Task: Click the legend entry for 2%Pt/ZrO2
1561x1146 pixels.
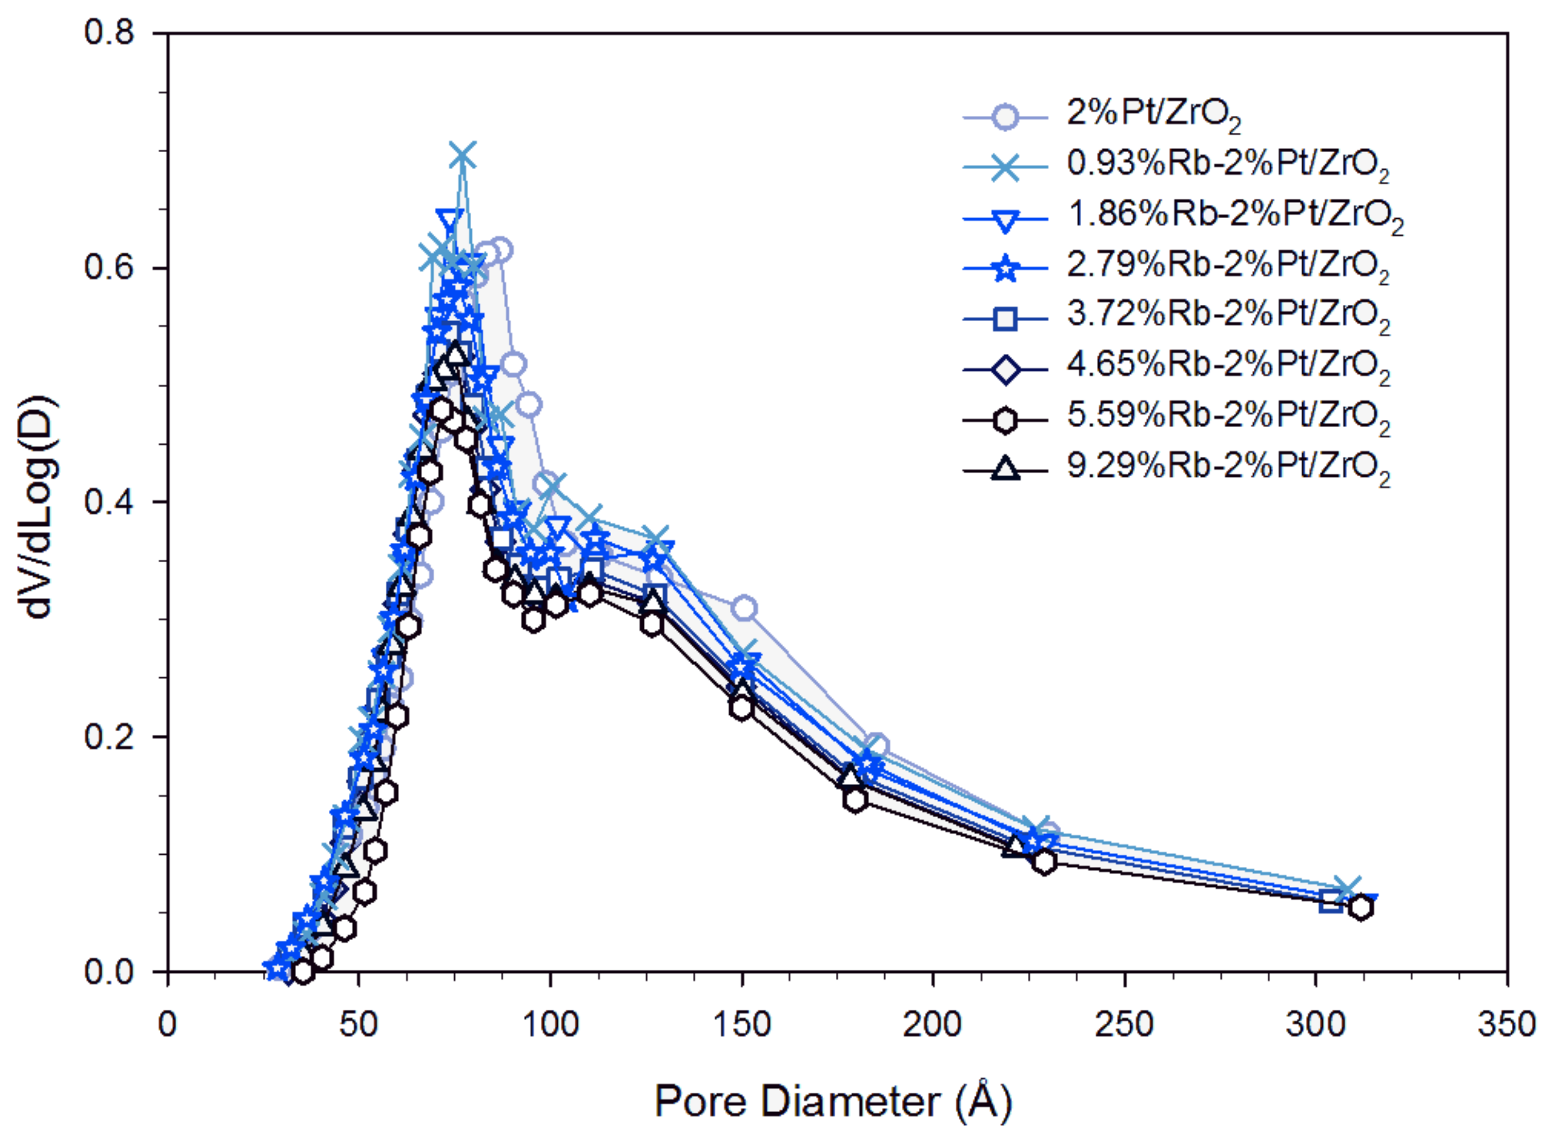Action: (x=1152, y=115)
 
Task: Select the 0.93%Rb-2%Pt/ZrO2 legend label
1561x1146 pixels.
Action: (x=1227, y=165)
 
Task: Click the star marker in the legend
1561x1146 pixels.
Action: (x=1005, y=268)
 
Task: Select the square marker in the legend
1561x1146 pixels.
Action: (x=1005, y=318)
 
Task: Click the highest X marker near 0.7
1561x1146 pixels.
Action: (x=463, y=157)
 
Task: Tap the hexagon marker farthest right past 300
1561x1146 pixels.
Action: (x=1361, y=907)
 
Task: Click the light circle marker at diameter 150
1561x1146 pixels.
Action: (x=744, y=608)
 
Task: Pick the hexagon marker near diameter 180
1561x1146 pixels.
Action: (x=855, y=800)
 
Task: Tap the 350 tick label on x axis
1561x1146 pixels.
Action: (x=1506, y=1024)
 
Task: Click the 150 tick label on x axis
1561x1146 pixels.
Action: (x=742, y=1024)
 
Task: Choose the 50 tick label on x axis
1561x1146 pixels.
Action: (x=359, y=1024)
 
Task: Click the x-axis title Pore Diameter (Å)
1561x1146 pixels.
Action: (x=833, y=1101)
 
